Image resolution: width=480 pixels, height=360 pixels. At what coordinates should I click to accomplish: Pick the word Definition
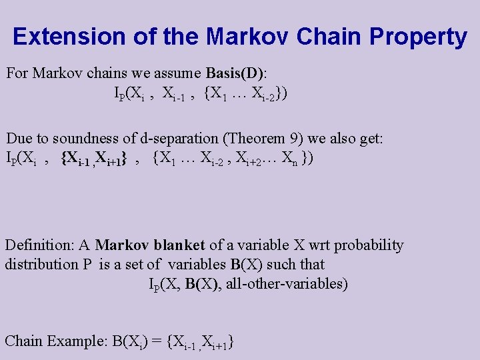coord(40,245)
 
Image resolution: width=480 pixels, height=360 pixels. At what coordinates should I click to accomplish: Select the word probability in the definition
coord(369,245)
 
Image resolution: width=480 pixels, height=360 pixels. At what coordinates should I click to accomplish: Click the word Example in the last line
coord(74,341)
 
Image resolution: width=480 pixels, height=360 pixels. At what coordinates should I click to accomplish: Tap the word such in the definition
coord(282,264)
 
